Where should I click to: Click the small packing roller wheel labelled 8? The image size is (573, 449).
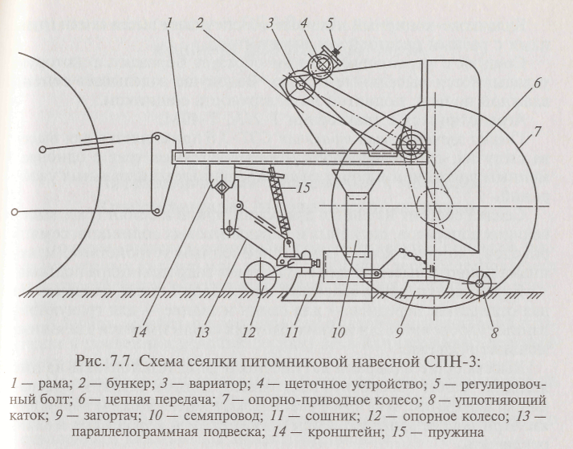pos(481,284)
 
